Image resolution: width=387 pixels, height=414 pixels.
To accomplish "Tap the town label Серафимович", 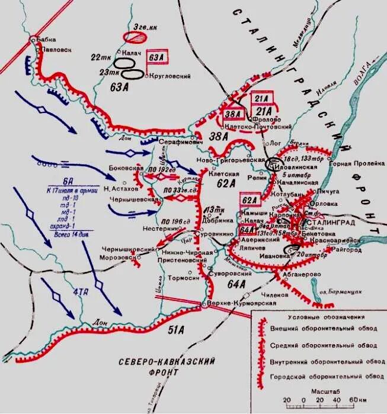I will click(x=180, y=143).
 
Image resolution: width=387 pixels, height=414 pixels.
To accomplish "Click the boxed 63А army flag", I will click(x=156, y=57).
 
